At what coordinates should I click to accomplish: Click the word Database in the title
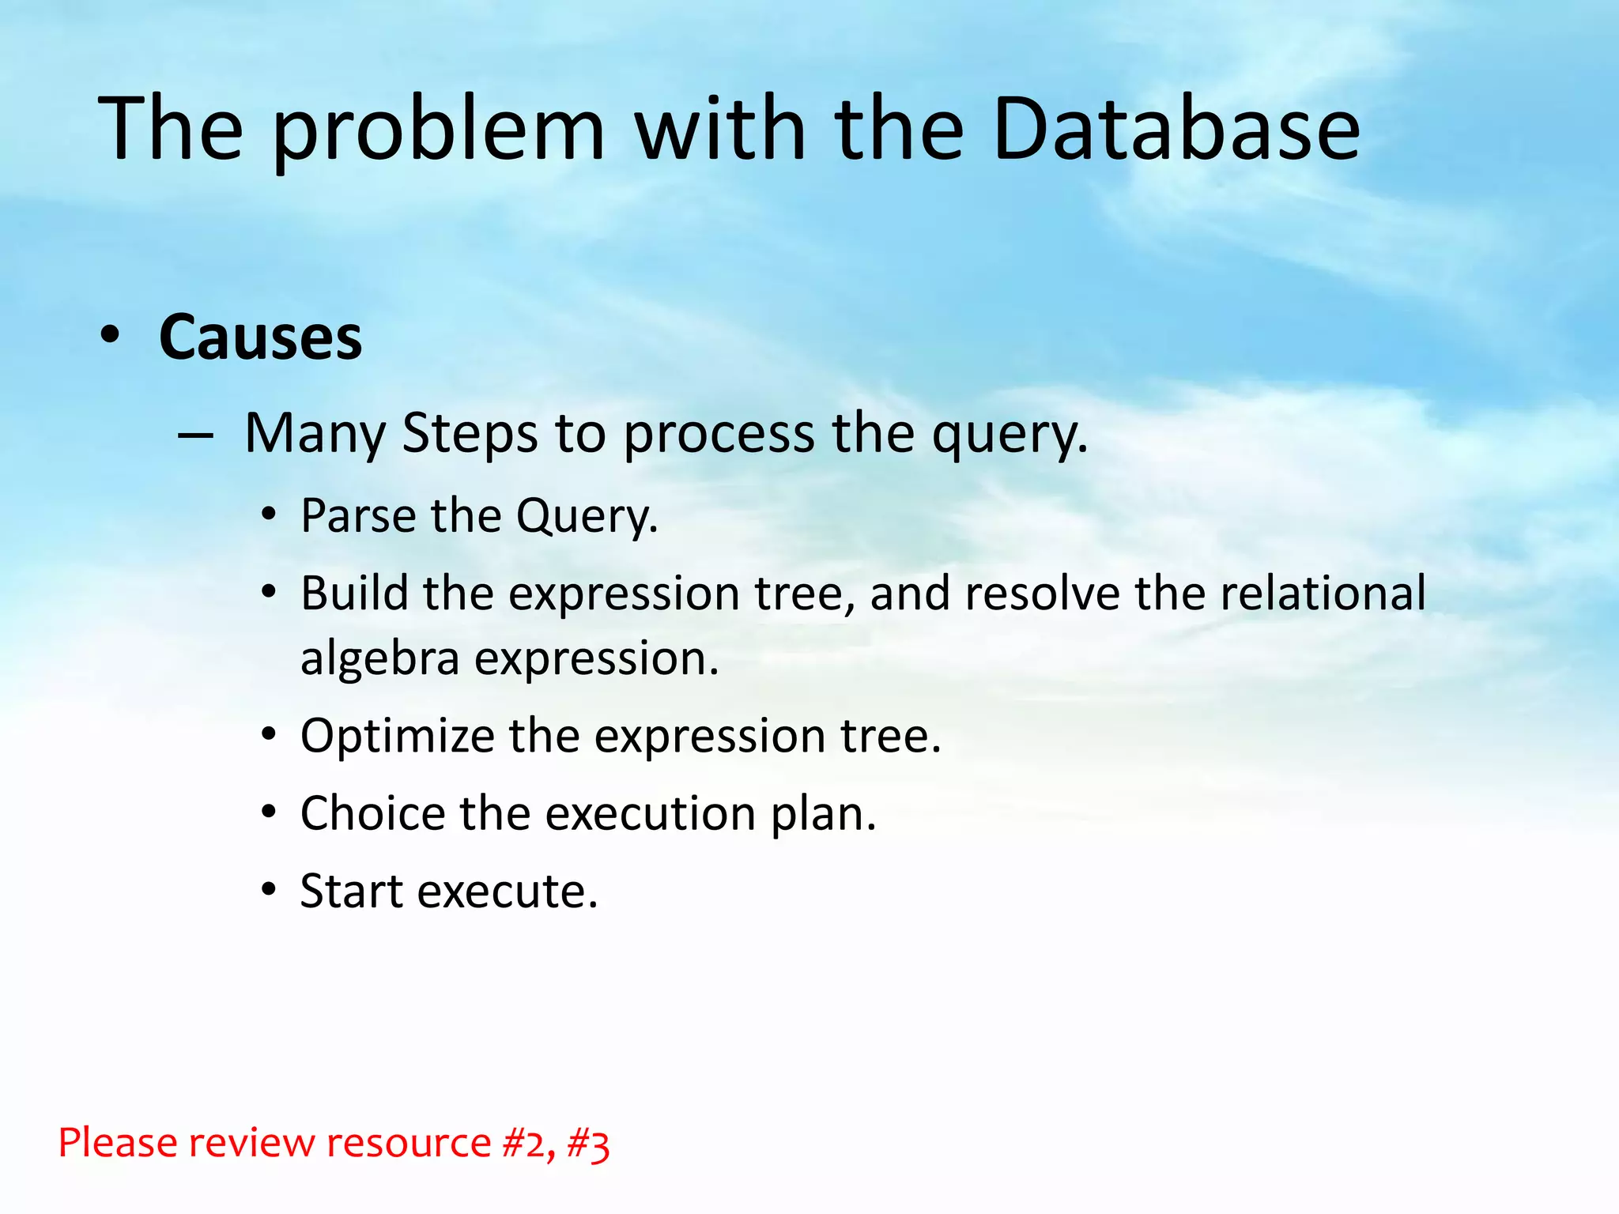coord(1176,129)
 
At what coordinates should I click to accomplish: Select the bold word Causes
coord(260,337)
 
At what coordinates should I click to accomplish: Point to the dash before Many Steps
coord(195,435)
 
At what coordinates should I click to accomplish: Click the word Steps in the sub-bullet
coord(470,434)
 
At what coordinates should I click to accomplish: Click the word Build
coord(354,594)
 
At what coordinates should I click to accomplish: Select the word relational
coord(1323,594)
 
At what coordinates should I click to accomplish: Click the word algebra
coord(379,659)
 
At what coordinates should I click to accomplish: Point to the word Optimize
coord(397,737)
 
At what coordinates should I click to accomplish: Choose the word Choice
coord(372,813)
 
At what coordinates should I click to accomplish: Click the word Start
coord(351,892)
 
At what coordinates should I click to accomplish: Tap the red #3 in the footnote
coord(588,1144)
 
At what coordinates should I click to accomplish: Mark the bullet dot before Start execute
coord(270,890)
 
